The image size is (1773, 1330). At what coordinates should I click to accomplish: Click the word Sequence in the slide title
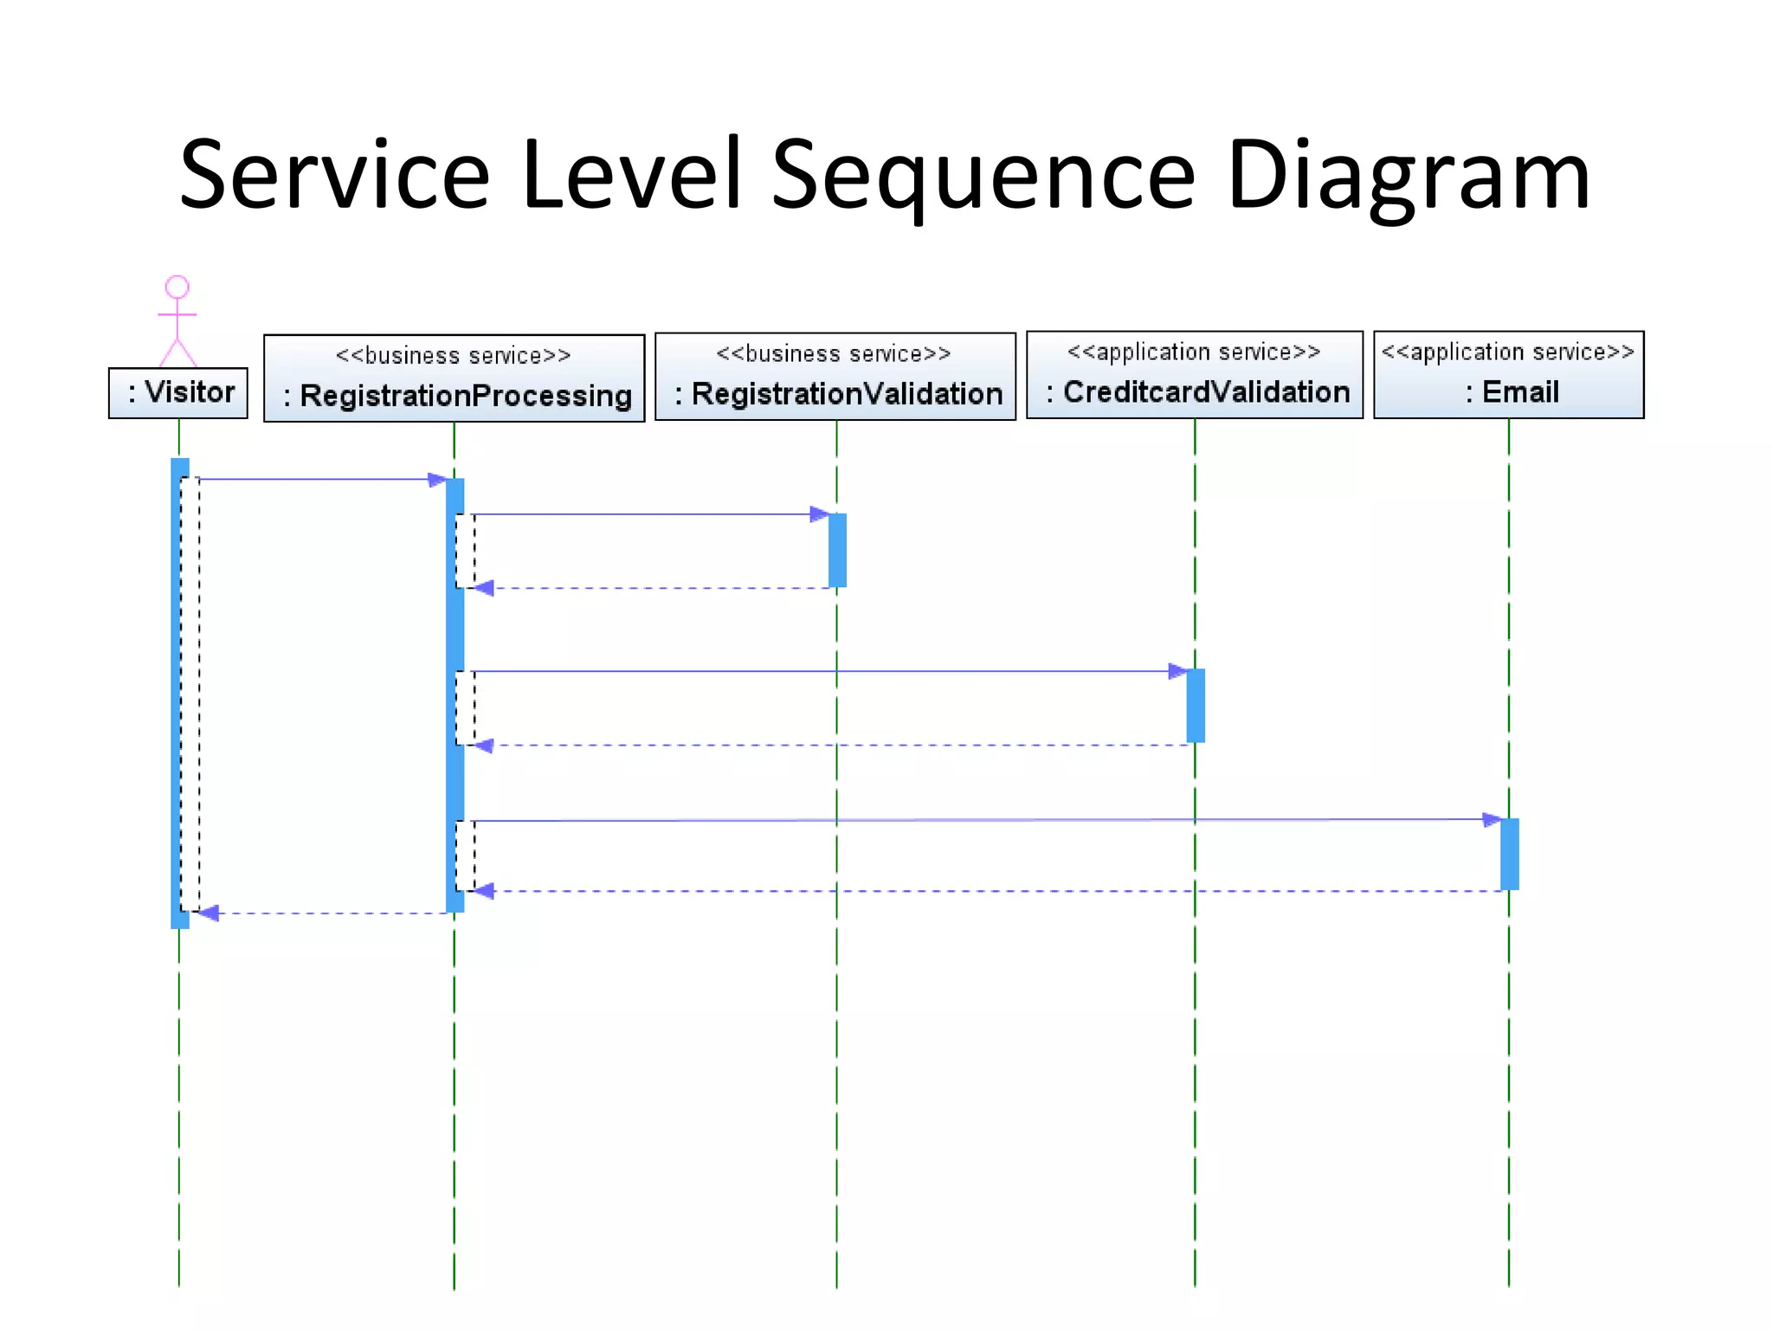pyautogui.click(x=983, y=178)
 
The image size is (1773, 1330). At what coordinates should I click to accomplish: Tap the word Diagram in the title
pyautogui.click(x=1409, y=178)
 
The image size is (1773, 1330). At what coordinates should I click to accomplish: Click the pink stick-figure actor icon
pyautogui.click(x=177, y=320)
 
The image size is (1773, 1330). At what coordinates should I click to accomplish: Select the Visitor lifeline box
pyautogui.click(x=178, y=392)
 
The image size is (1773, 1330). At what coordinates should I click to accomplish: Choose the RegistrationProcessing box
pyautogui.click(x=454, y=378)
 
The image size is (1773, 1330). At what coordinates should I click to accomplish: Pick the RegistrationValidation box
pyautogui.click(x=835, y=377)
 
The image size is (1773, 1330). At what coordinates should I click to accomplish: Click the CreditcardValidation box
pyautogui.click(x=1195, y=375)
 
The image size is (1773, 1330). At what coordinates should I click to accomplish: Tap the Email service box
pyautogui.click(x=1508, y=375)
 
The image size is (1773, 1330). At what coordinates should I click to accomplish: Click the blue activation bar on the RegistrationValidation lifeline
pyautogui.click(x=837, y=550)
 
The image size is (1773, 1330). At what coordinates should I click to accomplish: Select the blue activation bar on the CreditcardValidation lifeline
pyautogui.click(x=1196, y=705)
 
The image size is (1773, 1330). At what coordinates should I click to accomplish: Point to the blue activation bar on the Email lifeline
pyautogui.click(x=1509, y=854)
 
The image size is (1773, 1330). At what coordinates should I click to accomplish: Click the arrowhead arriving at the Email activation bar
pyautogui.click(x=1492, y=819)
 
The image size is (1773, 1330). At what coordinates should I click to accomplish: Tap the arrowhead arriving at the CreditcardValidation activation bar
pyautogui.click(x=1177, y=671)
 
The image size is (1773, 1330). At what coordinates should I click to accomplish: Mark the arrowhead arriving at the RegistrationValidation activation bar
pyautogui.click(x=819, y=514)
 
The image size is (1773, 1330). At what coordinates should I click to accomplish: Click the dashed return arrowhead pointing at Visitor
pyautogui.click(x=209, y=913)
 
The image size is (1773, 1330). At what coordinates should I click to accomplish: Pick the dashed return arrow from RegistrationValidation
pyautogui.click(x=658, y=588)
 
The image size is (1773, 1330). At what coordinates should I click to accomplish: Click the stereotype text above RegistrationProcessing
pyautogui.click(x=454, y=356)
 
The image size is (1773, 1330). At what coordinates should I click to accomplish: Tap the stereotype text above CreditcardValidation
pyautogui.click(x=1195, y=352)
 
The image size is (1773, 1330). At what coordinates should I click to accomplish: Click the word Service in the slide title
pyautogui.click(x=335, y=178)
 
